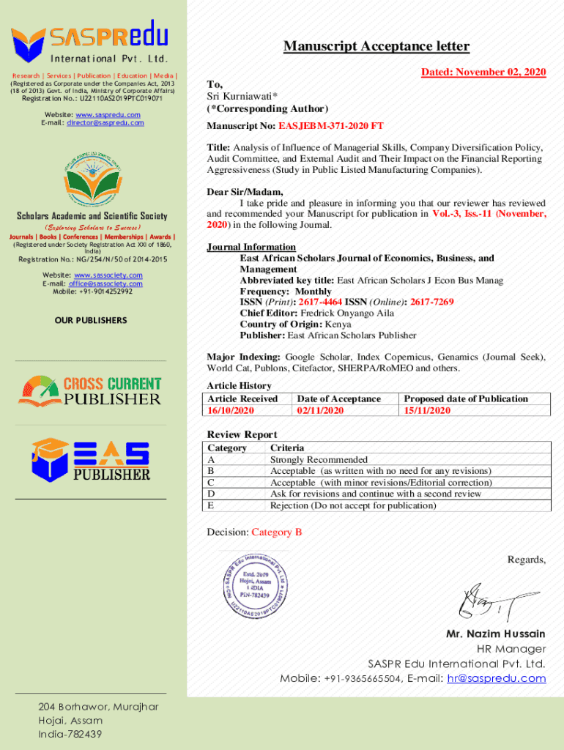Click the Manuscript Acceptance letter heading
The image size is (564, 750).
pyautogui.click(x=376, y=47)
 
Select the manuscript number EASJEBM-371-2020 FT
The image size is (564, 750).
pyautogui.click(x=335, y=126)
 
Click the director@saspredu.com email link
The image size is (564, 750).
pyautogui.click(x=105, y=123)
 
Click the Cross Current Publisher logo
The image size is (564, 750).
pyautogui.click(x=90, y=390)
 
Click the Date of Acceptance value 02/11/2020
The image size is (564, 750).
pyautogui.click(x=320, y=411)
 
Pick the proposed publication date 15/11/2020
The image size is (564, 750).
pyautogui.click(x=428, y=411)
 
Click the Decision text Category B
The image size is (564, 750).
pyautogui.click(x=276, y=532)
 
